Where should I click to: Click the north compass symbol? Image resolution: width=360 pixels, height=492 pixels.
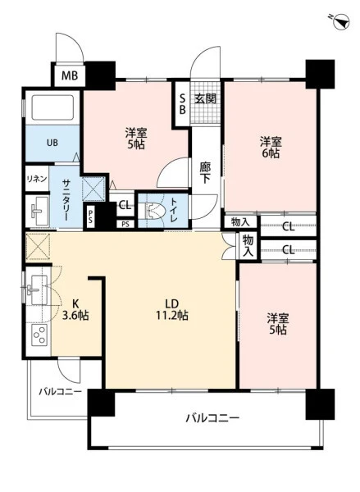(341, 21)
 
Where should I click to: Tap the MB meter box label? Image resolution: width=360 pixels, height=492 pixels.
(70, 75)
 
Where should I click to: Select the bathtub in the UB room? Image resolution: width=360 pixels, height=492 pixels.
(52, 107)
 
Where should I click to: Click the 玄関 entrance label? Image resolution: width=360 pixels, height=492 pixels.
(205, 99)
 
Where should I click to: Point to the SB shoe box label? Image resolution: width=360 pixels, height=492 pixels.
(182, 104)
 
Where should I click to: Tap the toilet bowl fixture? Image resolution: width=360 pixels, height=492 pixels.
(152, 211)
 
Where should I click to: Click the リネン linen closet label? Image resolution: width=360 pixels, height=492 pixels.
(37, 179)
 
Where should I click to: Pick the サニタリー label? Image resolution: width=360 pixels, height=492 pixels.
(67, 199)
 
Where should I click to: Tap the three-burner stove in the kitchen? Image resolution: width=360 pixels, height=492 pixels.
(39, 335)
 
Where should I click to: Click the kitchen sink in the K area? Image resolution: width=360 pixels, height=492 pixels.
(37, 290)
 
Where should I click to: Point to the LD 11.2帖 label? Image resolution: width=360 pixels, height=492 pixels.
(172, 309)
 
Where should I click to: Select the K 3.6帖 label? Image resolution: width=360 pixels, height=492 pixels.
(75, 309)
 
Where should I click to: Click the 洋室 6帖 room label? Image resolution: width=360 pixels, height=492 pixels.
(271, 147)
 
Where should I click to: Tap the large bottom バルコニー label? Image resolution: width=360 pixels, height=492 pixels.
(212, 418)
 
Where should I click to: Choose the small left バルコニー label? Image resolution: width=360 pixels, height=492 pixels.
(60, 392)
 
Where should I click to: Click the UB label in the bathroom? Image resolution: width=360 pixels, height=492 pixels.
(52, 143)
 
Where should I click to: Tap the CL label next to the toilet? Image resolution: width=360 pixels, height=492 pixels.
(125, 206)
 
